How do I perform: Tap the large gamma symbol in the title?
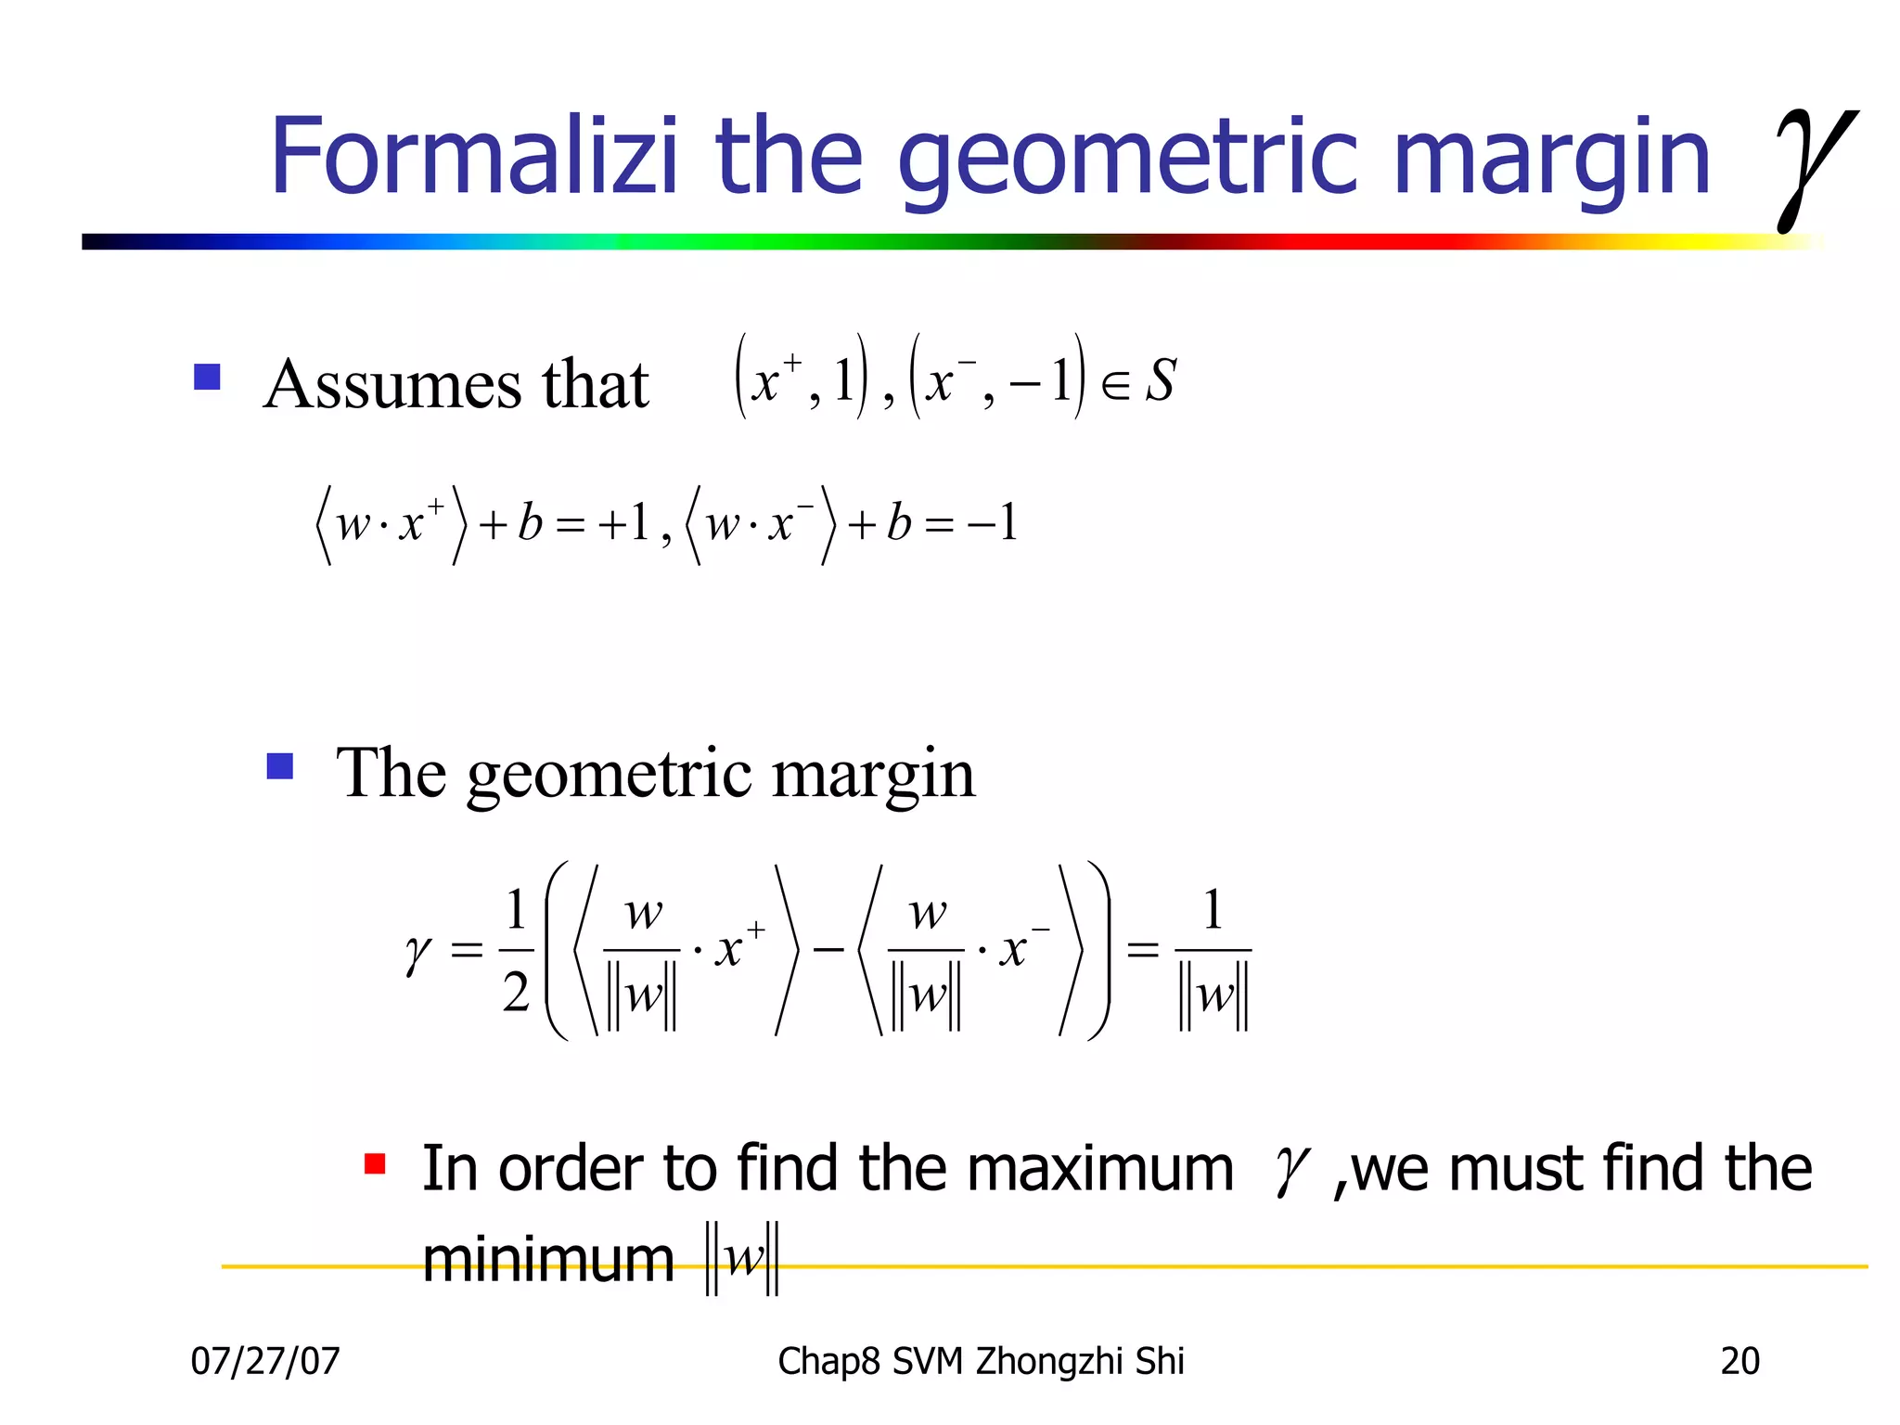(1814, 167)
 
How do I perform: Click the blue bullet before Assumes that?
(207, 377)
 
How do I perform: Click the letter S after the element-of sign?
(1161, 380)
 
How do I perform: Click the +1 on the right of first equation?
(623, 523)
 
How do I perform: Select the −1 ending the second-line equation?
(993, 523)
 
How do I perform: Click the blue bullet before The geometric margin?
(279, 766)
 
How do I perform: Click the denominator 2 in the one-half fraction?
(516, 993)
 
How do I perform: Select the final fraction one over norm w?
(1213, 952)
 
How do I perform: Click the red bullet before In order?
(375, 1164)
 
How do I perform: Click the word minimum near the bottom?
(548, 1260)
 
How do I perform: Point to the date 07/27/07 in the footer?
(265, 1361)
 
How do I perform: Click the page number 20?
(1740, 1361)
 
